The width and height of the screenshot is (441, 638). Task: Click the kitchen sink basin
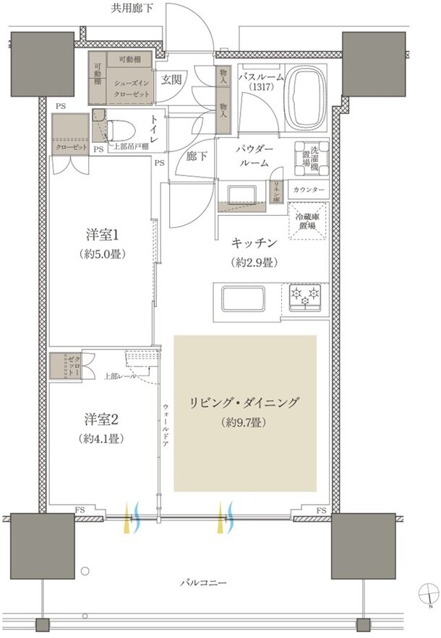241,298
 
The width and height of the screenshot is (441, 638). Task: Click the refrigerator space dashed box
309,221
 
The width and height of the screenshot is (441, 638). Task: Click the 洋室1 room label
101,235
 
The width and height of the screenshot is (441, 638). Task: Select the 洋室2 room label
100,419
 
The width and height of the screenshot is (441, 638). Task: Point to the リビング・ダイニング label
244,403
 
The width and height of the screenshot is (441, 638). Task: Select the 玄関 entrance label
171,80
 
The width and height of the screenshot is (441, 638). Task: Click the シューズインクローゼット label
130,88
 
